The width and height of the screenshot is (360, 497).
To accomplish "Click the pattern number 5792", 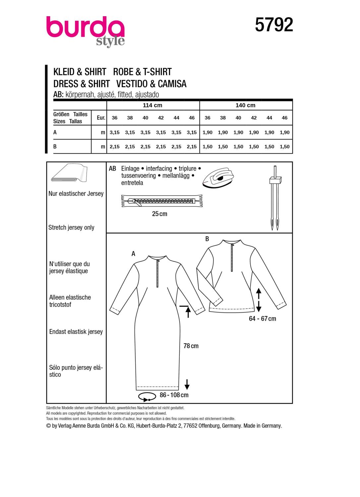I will coord(274,25).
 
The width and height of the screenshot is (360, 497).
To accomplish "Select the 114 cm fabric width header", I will coord(152,105).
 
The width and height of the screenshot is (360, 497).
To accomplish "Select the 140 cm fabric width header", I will coord(245,105).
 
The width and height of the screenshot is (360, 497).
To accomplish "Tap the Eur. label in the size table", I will coord(101,118).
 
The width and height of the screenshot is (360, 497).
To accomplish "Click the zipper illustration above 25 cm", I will coord(162,201).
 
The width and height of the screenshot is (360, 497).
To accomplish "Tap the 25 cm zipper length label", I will coord(159,214).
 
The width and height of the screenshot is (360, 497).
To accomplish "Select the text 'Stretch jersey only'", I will coord(71,228).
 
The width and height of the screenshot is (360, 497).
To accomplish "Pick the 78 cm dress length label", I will coord(191,346).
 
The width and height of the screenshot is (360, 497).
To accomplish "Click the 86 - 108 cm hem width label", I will coord(174,395).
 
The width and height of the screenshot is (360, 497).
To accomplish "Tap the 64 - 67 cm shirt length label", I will coord(262,319).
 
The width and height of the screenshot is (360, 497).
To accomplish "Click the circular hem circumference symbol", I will coord(147,396).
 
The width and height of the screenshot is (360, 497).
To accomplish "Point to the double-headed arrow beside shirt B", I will coord(259,299).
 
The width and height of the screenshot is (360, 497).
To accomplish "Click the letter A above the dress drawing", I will coord(133,254).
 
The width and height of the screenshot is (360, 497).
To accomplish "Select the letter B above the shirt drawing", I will coord(207,239).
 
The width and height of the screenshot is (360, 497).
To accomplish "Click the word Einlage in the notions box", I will coord(130,169).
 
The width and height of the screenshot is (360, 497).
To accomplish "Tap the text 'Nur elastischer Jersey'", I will coord(76,194).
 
